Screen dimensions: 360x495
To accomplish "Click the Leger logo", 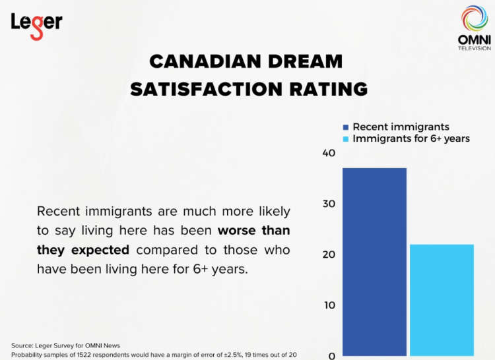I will click(36, 24).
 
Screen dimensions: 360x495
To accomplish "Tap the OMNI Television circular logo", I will click(474, 20).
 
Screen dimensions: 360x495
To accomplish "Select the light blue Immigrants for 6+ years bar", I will click(442, 300).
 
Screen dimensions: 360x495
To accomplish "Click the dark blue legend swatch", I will click(345, 127).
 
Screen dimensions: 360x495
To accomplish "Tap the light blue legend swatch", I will click(345, 138).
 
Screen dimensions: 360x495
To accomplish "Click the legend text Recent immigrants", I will click(401, 127).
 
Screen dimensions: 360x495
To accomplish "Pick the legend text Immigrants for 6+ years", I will click(411, 138).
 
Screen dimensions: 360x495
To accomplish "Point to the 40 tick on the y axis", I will click(329, 153).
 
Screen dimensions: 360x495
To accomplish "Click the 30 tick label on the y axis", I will click(329, 204).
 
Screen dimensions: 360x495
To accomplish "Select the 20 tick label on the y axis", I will click(329, 255).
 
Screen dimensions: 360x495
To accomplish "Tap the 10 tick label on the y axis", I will click(329, 305).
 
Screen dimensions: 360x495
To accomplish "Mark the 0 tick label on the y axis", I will click(332, 356).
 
